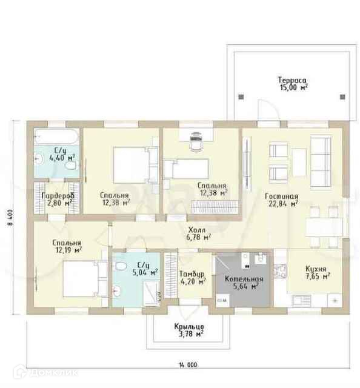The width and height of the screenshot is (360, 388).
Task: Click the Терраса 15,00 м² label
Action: pyautogui.click(x=293, y=84)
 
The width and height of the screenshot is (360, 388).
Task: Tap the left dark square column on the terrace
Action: pyautogui.click(x=241, y=97)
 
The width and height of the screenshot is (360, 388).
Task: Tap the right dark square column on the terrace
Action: pyautogui.click(x=342, y=97)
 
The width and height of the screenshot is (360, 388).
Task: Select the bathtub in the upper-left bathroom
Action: pyautogui.click(x=56, y=136)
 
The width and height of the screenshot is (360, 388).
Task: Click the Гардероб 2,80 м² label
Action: pyautogui.click(x=58, y=199)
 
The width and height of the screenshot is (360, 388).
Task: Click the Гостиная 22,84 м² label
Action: pyautogui.click(x=282, y=200)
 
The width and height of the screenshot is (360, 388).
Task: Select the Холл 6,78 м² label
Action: pyautogui.click(x=198, y=233)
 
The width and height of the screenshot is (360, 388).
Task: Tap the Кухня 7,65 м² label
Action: pyautogui.click(x=317, y=272)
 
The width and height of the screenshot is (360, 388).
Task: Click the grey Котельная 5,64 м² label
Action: pyautogui.click(x=244, y=283)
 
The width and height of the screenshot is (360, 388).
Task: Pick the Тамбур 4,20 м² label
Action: pyautogui.click(x=193, y=278)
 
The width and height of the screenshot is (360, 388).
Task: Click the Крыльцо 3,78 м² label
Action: pyautogui.click(x=189, y=330)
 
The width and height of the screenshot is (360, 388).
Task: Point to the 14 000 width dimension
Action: pyautogui.click(x=188, y=365)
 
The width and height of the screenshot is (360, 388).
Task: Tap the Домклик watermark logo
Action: pyautogui.click(x=46, y=372)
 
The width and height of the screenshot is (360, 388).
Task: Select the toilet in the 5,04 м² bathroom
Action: pyautogui.click(x=121, y=266)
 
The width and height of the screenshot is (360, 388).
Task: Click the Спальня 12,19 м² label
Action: pyautogui.click(x=67, y=246)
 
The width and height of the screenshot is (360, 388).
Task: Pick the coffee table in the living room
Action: pyautogui.click(x=299, y=162)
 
